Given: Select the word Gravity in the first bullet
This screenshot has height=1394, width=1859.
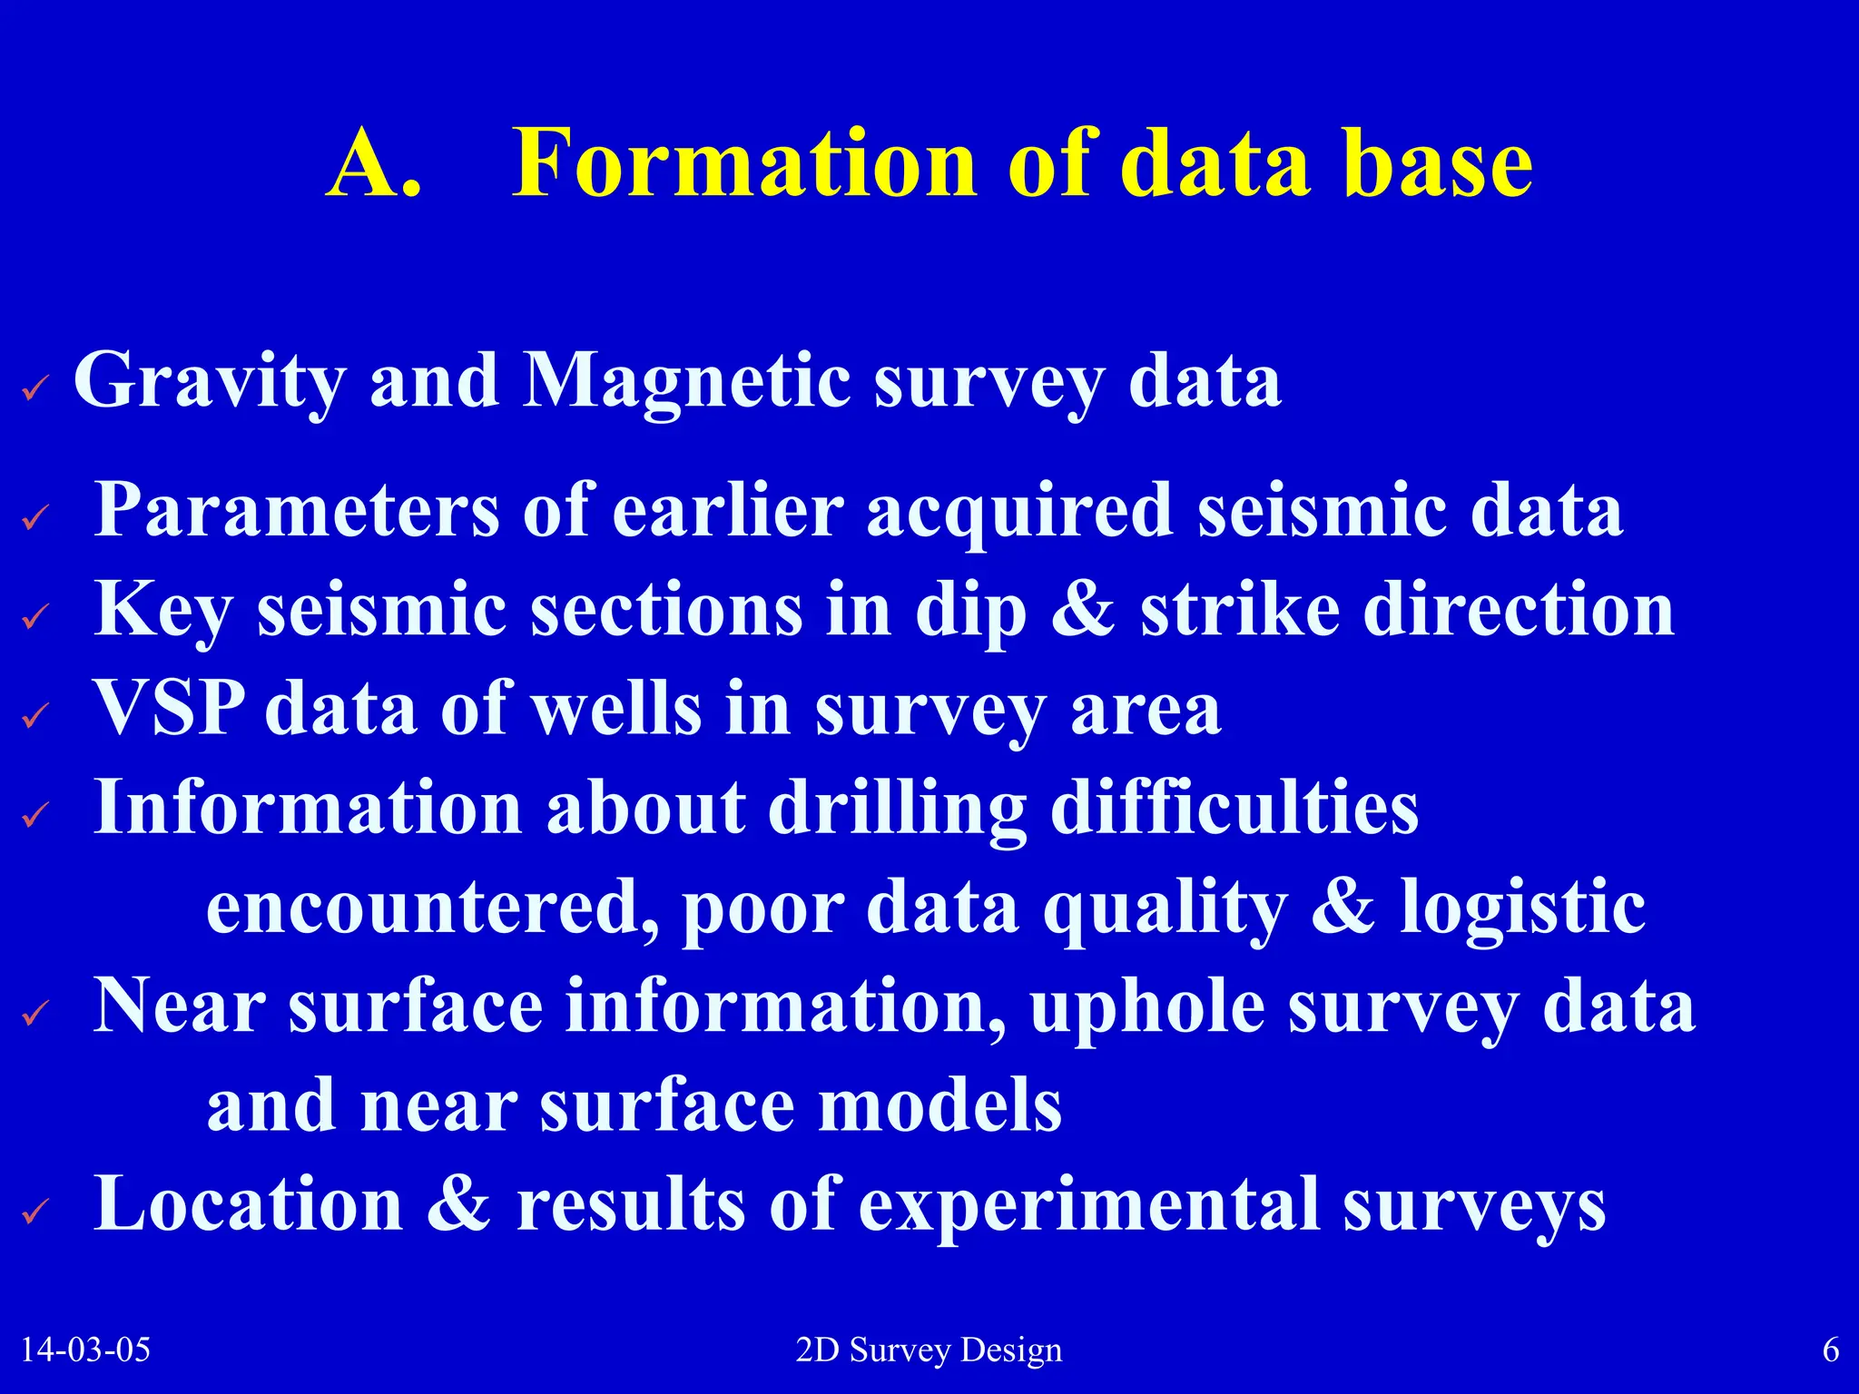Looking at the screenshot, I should (209, 381).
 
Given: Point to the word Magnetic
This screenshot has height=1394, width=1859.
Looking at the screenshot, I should (686, 381).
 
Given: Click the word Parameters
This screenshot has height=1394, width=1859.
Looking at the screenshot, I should (296, 510).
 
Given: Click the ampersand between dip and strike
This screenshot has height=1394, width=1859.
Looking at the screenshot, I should (1083, 609).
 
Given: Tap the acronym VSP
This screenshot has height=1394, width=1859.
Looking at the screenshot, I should (169, 708).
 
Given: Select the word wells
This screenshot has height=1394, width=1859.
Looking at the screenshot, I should (616, 708).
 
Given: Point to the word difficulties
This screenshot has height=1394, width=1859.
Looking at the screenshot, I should (1234, 808).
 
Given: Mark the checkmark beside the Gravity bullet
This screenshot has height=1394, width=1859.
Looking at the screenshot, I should (35, 390).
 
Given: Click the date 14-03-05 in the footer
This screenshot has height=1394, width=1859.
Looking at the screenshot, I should (85, 1350).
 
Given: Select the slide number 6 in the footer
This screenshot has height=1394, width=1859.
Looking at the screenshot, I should (1831, 1350).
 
